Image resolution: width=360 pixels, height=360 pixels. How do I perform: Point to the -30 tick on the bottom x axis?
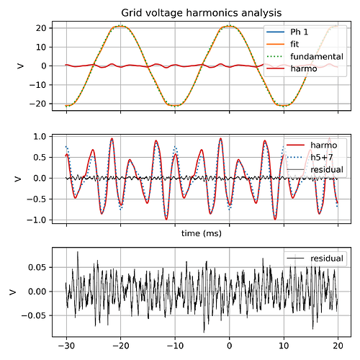66,344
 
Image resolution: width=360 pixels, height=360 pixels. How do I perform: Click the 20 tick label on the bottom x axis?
338,344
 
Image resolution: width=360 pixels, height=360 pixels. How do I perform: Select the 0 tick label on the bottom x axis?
229,344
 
